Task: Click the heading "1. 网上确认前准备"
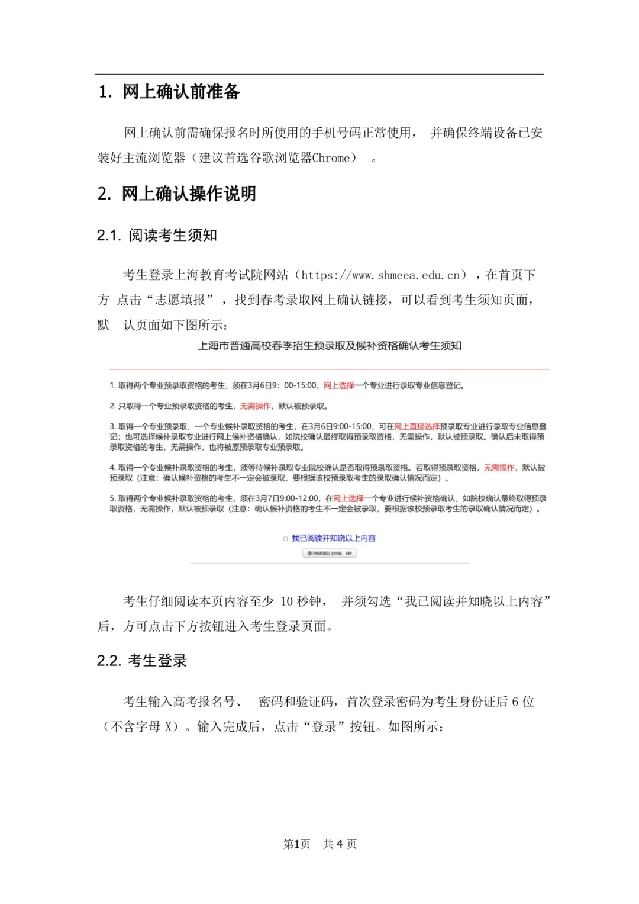click(x=169, y=92)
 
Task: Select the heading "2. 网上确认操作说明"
click(x=177, y=194)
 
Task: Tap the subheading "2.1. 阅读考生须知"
click(x=157, y=235)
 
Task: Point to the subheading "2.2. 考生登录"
click(x=142, y=661)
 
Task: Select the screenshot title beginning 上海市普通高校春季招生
click(x=330, y=346)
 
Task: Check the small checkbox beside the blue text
click(x=285, y=539)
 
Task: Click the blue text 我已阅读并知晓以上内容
click(x=334, y=538)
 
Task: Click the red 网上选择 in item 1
click(x=338, y=385)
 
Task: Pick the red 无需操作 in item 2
click(x=255, y=406)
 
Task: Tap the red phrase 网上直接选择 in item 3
click(x=417, y=426)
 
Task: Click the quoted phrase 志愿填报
click(x=180, y=300)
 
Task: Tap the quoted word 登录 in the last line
click(x=324, y=726)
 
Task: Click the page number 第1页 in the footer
click(x=297, y=844)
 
